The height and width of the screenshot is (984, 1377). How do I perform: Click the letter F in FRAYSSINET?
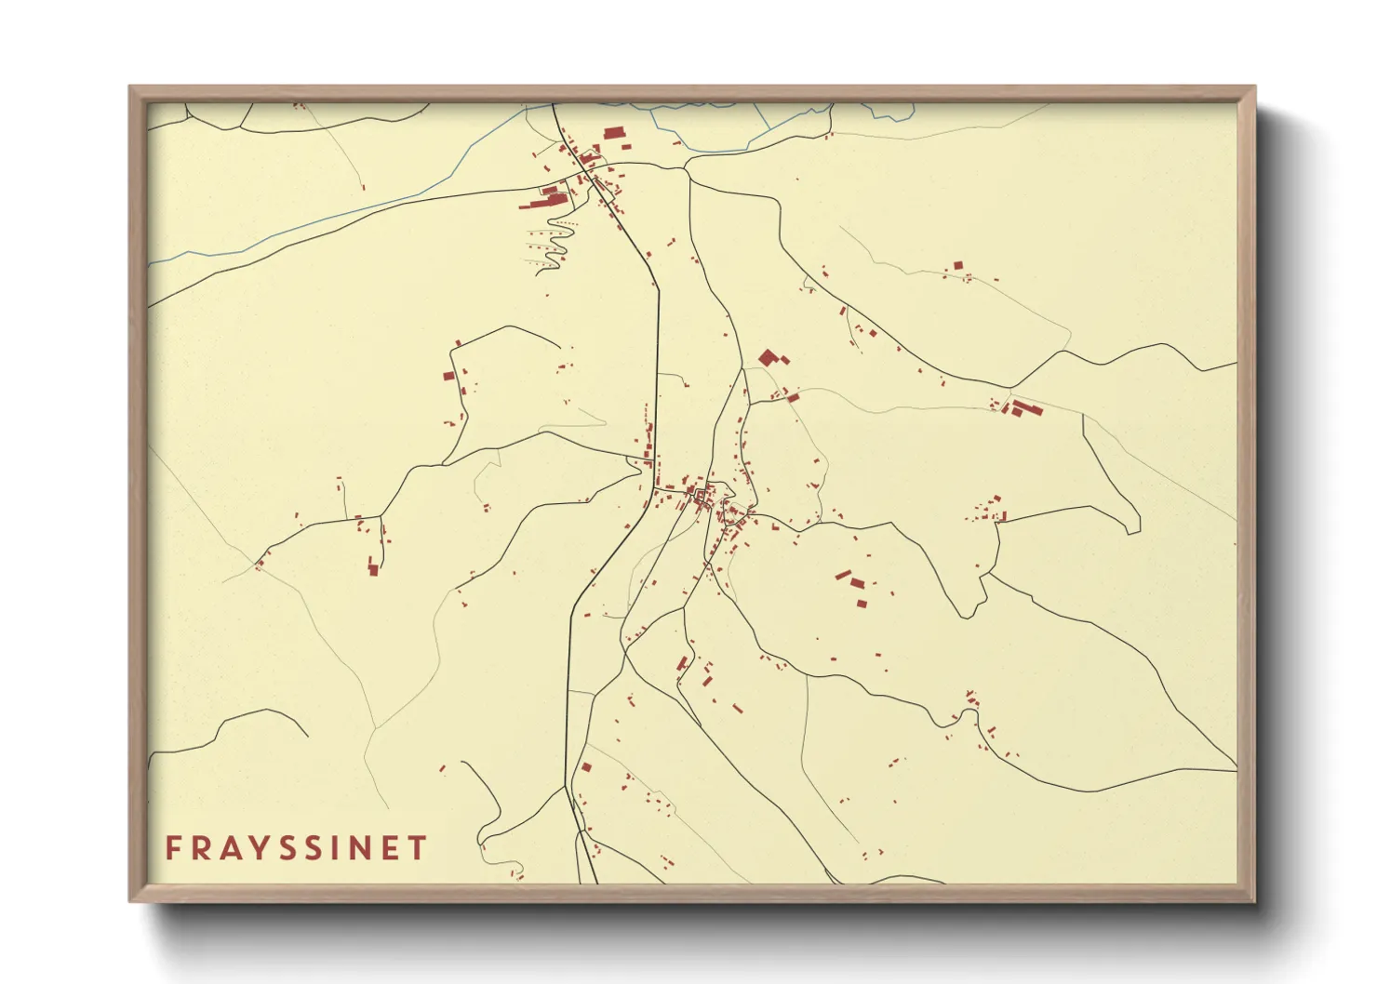pos(173,848)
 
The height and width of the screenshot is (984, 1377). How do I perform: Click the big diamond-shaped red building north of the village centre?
pos(768,357)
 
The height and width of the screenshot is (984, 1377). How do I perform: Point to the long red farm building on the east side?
pos(1025,407)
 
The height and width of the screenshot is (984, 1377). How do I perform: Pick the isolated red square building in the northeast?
pos(957,266)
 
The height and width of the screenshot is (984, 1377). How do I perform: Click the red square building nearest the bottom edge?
pos(586,767)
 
